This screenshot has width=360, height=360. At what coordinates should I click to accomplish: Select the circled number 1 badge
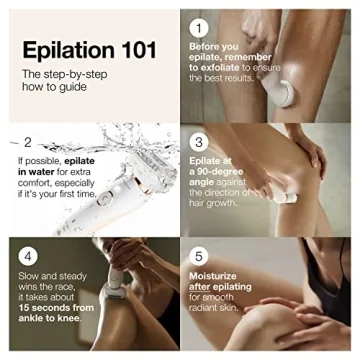pos(201,27)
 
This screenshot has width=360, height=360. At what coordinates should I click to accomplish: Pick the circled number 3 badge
pos(201,142)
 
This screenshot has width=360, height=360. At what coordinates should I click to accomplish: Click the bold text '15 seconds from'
pos(59,321)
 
